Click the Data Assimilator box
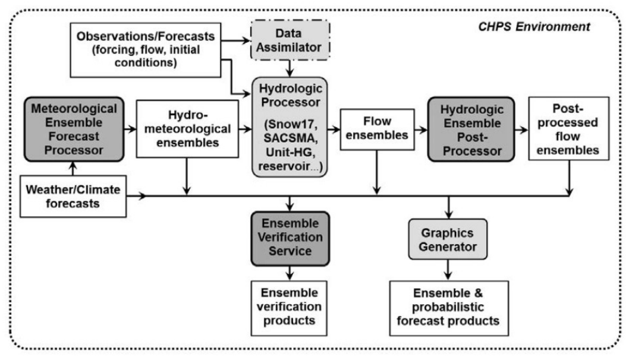coord(290,40)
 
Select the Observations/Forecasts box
coord(145,50)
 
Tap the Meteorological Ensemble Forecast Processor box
coord(74,129)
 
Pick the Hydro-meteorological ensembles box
coord(187,129)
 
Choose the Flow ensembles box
coord(377,130)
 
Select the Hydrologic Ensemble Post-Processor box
coord(471,130)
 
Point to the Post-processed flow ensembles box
coord(568,129)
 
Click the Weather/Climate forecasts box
coord(73,197)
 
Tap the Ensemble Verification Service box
coord(290,239)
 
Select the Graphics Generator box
coord(448,239)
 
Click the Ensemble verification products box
coord(289,308)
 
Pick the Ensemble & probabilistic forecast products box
coord(449,308)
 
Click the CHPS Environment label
coord(534,27)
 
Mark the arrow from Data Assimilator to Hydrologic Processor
coord(290,68)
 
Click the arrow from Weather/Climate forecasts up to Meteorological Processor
coord(73,168)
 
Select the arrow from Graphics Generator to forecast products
coord(448,270)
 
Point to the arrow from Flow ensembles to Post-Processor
coord(421,130)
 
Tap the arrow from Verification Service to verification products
coord(290,273)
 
